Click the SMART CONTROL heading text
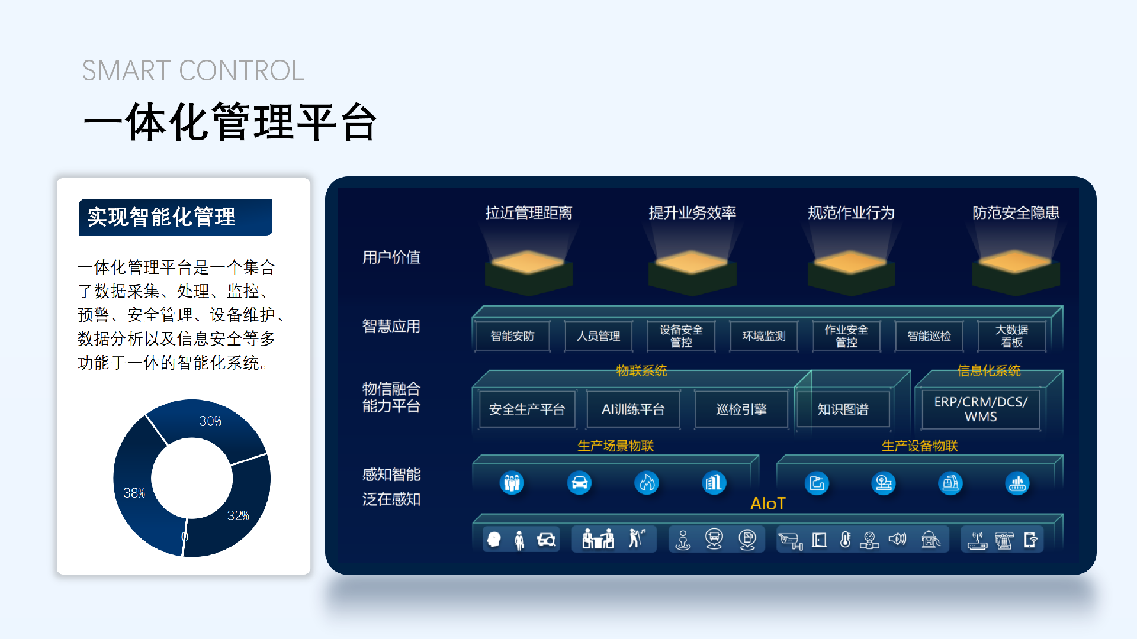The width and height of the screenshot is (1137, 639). coord(193,70)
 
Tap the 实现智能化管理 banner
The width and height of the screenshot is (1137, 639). coord(175,217)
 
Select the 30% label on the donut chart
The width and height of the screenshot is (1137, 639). coord(210,421)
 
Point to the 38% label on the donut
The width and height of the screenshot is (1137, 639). coord(134,493)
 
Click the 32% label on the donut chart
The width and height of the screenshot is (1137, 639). coord(238,515)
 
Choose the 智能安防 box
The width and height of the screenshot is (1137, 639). coord(512,336)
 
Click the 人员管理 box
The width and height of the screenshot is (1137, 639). coord(598,336)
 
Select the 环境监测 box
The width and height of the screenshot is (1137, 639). coord(764,336)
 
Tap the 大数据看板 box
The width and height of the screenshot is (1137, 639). coord(1011,336)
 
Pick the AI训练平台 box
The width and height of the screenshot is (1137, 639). coord(633,409)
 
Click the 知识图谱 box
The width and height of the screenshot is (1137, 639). coord(843,409)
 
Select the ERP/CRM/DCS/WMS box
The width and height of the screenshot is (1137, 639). coord(981,409)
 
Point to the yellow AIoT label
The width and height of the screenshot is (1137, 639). coord(768,504)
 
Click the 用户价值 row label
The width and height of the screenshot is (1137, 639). coord(391,257)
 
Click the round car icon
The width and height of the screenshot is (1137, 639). coord(579,483)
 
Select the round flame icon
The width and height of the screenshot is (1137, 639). coord(647,483)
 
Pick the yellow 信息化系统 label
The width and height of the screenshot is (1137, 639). coord(989,371)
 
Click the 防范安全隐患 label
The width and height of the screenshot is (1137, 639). coord(1016,212)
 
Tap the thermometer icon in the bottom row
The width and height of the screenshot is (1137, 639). coord(846,540)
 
